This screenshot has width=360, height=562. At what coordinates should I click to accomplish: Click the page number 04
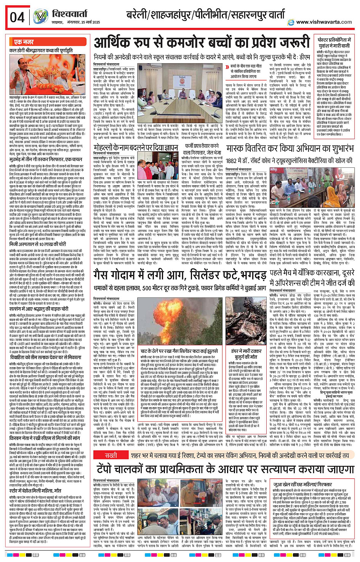[x=17, y=17]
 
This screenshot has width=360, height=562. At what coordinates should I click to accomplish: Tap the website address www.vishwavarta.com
[x=324, y=22]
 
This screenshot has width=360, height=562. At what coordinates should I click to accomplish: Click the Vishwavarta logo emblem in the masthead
[x=40, y=17]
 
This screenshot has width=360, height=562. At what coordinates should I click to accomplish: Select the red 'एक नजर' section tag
[x=24, y=42]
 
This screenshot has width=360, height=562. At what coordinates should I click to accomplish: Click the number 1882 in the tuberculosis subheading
[x=232, y=161]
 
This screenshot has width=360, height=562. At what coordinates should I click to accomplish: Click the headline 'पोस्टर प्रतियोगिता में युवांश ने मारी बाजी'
[x=334, y=42]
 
